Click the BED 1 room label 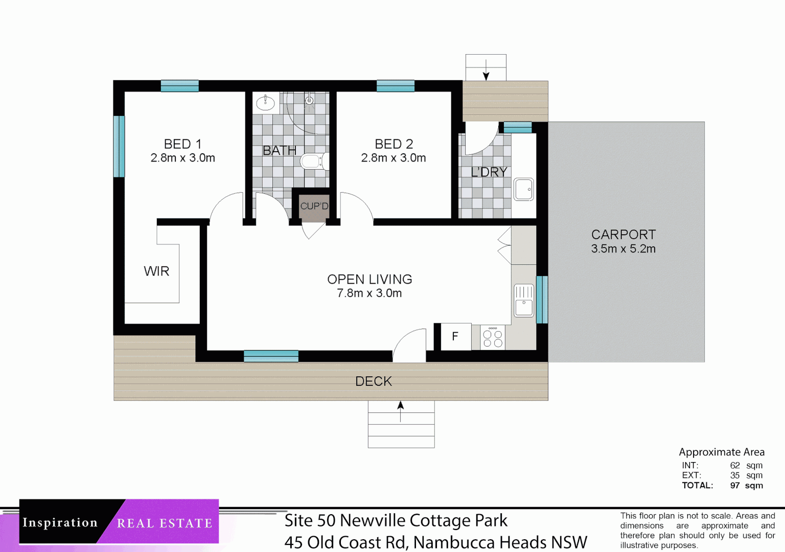[182, 144]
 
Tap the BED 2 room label [394, 144]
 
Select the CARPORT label [623, 235]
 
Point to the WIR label [156, 271]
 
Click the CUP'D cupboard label [314, 206]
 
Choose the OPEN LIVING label [370, 280]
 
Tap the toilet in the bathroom [312, 162]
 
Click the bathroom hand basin [265, 103]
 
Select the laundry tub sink [523, 190]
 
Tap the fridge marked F [455, 337]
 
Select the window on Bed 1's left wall [119, 146]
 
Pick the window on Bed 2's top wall [395, 86]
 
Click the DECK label [374, 381]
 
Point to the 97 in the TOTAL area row [735, 486]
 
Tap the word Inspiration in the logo [60, 522]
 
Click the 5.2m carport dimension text [642, 249]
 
